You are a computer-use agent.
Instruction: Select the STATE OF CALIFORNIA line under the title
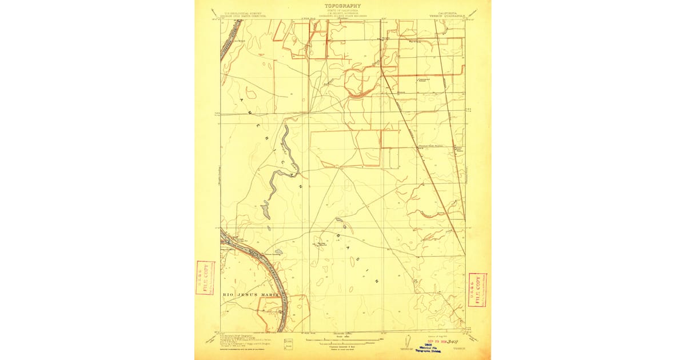click(342, 11)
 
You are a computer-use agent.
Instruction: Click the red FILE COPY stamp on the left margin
click(205, 277)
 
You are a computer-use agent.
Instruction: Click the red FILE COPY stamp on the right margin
click(477, 290)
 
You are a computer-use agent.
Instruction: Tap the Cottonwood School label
click(424, 79)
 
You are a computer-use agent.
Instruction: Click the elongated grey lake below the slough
click(265, 210)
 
